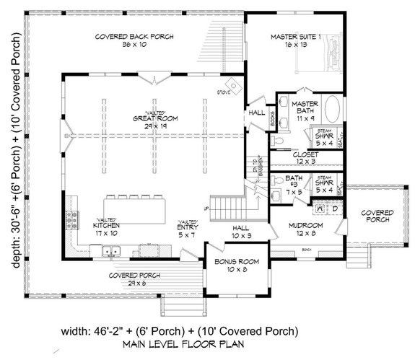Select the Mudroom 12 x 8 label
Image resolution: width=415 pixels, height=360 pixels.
click(x=305, y=229)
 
